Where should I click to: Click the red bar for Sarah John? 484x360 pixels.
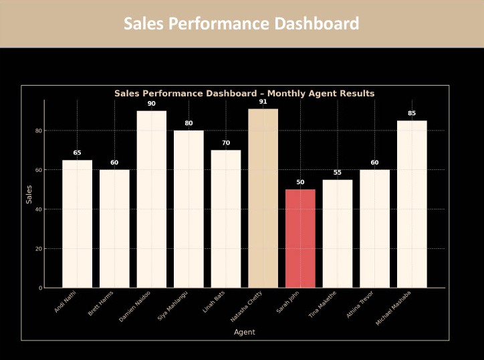(x=300, y=238)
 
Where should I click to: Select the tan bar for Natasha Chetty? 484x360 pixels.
(x=263, y=198)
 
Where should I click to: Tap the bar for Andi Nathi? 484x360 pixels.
(x=77, y=223)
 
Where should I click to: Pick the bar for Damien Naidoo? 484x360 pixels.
(x=151, y=199)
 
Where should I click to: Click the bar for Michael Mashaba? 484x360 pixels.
(x=412, y=204)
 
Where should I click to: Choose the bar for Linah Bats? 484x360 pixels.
(x=226, y=219)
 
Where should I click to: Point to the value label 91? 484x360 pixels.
(x=263, y=102)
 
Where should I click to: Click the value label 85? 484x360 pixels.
(x=412, y=113)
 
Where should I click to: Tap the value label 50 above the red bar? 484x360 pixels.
(x=300, y=182)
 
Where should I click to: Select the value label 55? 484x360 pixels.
(x=338, y=173)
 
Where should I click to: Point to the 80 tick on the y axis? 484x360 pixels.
(x=38, y=130)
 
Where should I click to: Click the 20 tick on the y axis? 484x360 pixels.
(x=38, y=249)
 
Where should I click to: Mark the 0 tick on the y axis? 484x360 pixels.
(x=40, y=288)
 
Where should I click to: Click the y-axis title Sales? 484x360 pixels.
(x=28, y=194)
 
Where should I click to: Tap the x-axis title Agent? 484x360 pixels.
(x=244, y=332)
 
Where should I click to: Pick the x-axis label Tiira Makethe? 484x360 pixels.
(x=323, y=304)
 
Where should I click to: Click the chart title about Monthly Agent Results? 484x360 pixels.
(x=244, y=94)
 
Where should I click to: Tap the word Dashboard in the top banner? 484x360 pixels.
(x=316, y=24)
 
